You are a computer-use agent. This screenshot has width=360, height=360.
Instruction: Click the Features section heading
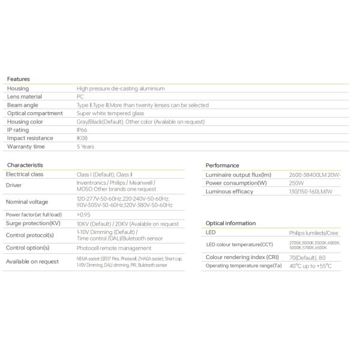18,79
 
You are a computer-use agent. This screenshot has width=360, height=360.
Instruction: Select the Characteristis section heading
25,164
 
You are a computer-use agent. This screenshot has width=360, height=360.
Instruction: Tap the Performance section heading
223,165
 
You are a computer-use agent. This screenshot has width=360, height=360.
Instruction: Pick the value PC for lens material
80,96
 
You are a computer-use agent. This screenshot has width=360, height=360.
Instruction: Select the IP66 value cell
82,129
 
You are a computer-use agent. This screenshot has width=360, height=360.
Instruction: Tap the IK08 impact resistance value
82,137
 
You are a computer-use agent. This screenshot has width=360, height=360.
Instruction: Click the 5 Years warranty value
86,146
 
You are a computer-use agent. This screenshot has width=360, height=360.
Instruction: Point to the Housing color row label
26,121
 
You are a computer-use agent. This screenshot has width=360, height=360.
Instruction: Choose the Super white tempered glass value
110,113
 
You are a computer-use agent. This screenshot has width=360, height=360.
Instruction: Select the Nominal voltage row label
28,202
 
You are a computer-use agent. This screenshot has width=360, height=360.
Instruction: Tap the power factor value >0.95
83,214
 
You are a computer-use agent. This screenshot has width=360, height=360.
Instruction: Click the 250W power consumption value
280,183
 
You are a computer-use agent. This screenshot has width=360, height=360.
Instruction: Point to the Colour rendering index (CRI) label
242,257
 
